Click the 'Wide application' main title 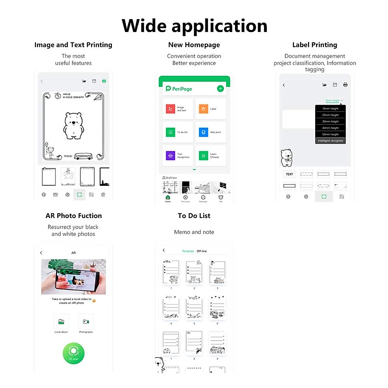(194, 26)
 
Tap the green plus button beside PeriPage (220, 89)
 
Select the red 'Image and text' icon (170, 109)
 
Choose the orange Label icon (203, 109)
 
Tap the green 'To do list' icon (170, 132)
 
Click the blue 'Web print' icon (203, 132)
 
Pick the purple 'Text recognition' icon (170, 156)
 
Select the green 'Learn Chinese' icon (203, 156)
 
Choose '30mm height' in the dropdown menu (330, 122)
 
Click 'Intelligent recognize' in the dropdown (330, 141)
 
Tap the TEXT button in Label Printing (289, 174)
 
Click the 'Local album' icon (61, 322)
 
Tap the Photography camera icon (86, 322)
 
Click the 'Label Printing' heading (315, 45)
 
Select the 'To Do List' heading (194, 216)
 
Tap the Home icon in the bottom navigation (168, 198)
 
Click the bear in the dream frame (74, 125)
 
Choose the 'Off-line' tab (202, 251)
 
